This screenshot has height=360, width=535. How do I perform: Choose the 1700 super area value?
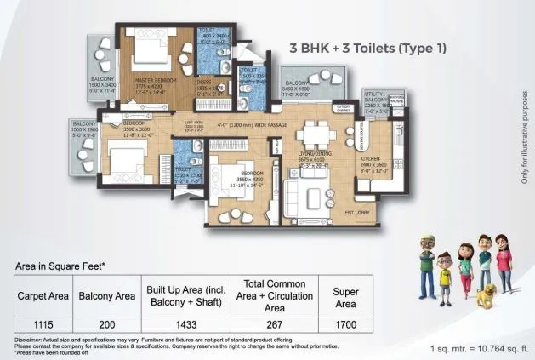(x=345, y=324)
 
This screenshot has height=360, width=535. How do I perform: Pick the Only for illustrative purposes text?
(x=524, y=136)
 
